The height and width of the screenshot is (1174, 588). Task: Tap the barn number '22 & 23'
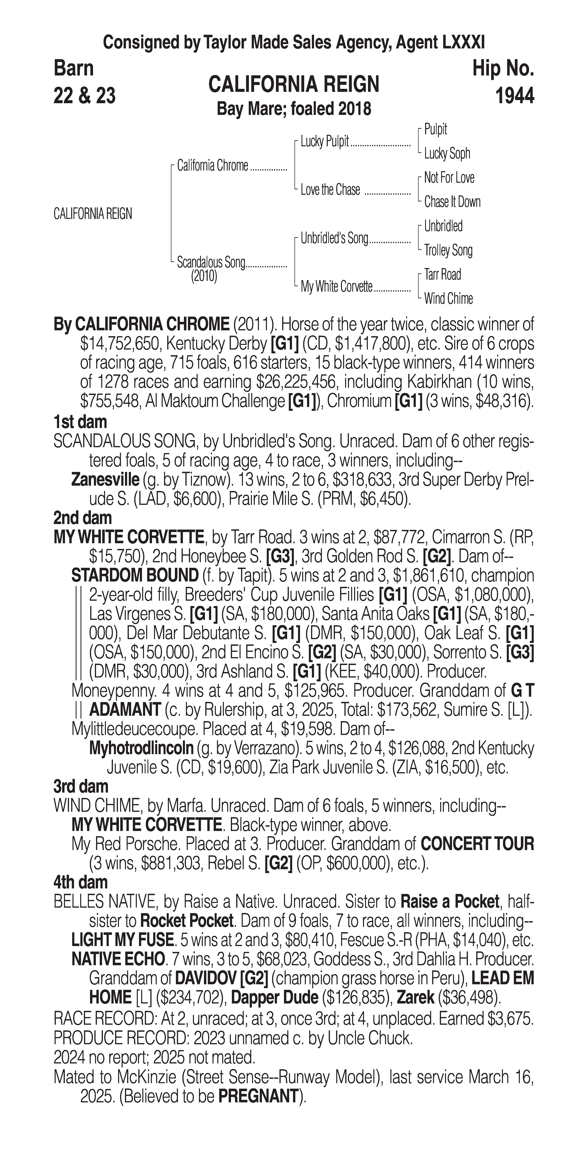tap(84, 96)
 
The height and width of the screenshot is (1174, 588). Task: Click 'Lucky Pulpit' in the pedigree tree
tap(325, 142)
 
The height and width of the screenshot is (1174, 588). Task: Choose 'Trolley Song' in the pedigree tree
tap(448, 250)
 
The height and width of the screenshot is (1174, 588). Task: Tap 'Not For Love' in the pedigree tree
tap(449, 178)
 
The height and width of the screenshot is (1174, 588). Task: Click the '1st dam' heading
tap(80, 422)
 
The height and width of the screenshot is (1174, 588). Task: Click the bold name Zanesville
tap(105, 480)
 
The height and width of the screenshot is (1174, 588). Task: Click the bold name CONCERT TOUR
tap(477, 844)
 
